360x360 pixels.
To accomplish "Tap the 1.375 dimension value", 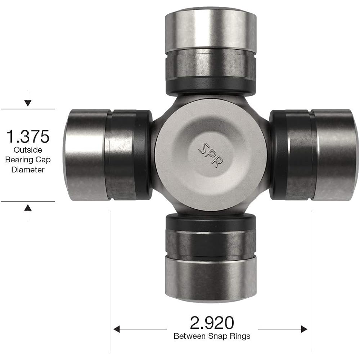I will [28, 137].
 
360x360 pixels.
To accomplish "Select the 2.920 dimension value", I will [212, 323].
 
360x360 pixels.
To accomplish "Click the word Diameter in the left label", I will [28, 170].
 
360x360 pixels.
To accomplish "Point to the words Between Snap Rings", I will [212, 337].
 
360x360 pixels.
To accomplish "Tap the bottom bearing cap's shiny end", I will [211, 279].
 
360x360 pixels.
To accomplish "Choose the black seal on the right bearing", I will [277, 155].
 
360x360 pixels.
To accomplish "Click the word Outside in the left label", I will [28, 150].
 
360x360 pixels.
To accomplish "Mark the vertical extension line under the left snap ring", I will [110, 281].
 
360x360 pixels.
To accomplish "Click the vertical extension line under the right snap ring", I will [312, 281].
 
